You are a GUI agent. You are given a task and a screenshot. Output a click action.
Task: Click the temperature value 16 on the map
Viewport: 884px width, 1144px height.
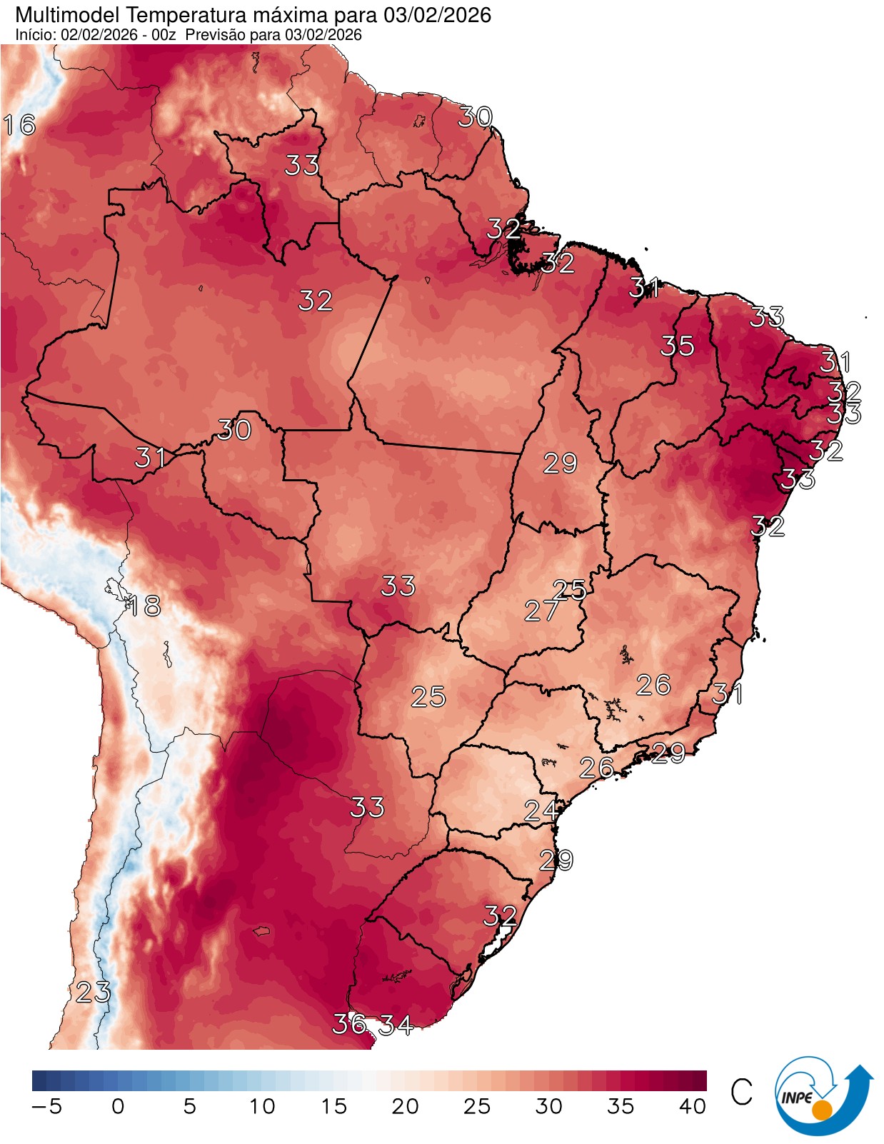(20, 125)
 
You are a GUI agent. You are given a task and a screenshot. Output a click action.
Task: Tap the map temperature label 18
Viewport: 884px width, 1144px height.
(144, 606)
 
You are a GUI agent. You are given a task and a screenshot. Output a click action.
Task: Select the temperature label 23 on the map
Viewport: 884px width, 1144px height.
(94, 992)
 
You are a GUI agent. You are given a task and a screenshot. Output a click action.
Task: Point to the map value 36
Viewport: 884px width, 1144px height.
(349, 1024)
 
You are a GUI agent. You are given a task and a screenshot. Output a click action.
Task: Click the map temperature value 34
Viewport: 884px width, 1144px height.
(396, 1025)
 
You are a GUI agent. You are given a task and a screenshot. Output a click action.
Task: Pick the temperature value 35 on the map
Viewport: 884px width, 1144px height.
(677, 346)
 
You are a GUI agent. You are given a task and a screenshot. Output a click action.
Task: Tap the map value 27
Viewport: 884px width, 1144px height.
(542, 611)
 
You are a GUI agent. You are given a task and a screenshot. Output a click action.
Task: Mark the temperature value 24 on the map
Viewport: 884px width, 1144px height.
(541, 811)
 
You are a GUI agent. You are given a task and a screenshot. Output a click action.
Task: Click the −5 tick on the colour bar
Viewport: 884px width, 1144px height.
(47, 1107)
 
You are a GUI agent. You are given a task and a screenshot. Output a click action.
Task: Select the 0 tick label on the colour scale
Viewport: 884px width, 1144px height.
(118, 1107)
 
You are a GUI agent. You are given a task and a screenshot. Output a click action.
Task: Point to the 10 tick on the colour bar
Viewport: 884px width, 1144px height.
(262, 1107)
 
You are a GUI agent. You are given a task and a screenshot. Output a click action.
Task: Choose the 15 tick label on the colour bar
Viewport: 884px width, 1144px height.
(333, 1107)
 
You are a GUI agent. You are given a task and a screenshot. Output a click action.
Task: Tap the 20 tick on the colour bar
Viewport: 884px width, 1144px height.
(405, 1107)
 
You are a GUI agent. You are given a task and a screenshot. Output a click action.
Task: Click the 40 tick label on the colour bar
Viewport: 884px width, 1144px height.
(692, 1107)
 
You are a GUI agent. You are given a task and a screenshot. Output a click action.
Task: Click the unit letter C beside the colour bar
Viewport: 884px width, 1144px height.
(742, 1092)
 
